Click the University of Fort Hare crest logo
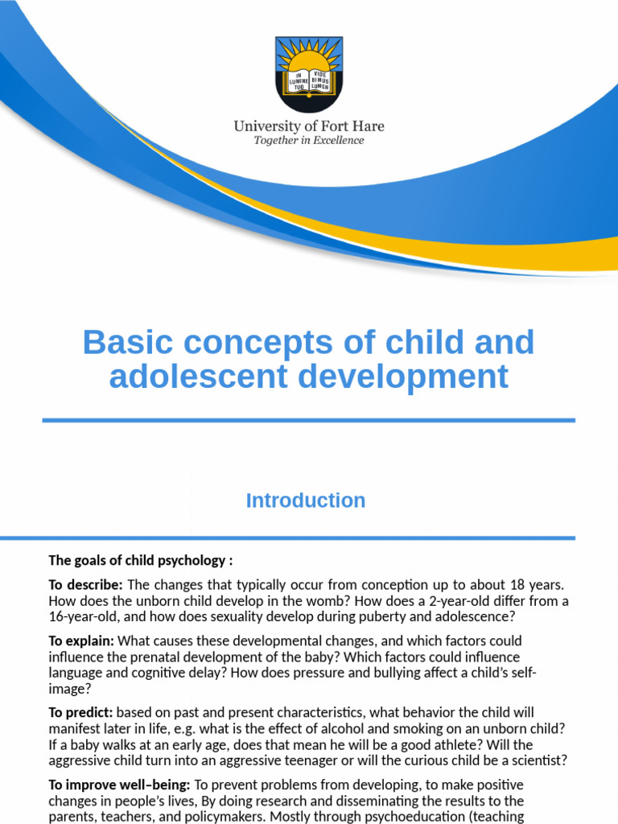[309, 73]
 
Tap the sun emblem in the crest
[309, 60]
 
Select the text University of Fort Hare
[309, 126]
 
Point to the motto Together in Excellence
[309, 141]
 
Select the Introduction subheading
[306, 501]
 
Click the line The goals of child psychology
[141, 560]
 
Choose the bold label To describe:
[85, 584]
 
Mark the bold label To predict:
[81, 713]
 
